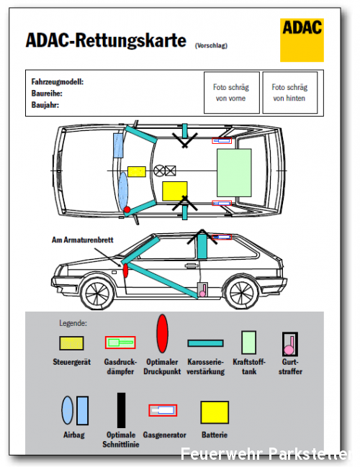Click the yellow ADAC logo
[x=302, y=40]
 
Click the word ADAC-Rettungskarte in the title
[x=106, y=40]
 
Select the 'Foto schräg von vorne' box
[x=232, y=93]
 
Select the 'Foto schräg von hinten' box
[x=290, y=93]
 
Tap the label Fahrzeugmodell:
[x=58, y=82]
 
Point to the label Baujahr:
[x=45, y=105]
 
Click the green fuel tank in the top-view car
[x=234, y=173]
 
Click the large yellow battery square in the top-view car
[x=175, y=191]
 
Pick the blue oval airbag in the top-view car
[x=123, y=190]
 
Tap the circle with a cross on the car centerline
[x=159, y=171]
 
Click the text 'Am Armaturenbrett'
[x=83, y=240]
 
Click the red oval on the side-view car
[x=125, y=270]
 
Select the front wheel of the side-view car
[x=97, y=294]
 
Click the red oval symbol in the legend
[x=163, y=334]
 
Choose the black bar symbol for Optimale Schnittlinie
[x=121, y=410]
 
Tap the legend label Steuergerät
[x=72, y=362]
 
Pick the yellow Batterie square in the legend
[x=215, y=412]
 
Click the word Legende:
[x=73, y=323]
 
